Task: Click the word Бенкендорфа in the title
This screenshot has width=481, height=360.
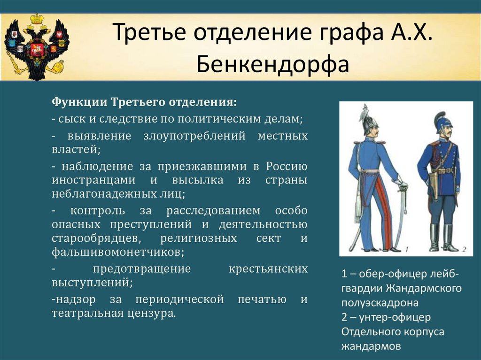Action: point(273,64)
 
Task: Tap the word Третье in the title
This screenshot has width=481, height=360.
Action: point(149,31)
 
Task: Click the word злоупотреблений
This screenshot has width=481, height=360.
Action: point(194,136)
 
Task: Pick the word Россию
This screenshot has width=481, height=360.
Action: point(287,166)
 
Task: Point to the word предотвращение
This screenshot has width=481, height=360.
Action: point(142,268)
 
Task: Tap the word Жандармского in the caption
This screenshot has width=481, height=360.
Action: point(424,288)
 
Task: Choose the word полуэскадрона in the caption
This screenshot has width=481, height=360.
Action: point(380,303)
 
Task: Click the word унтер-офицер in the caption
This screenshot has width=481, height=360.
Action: point(395,317)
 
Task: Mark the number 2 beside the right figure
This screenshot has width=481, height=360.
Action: point(464,249)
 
